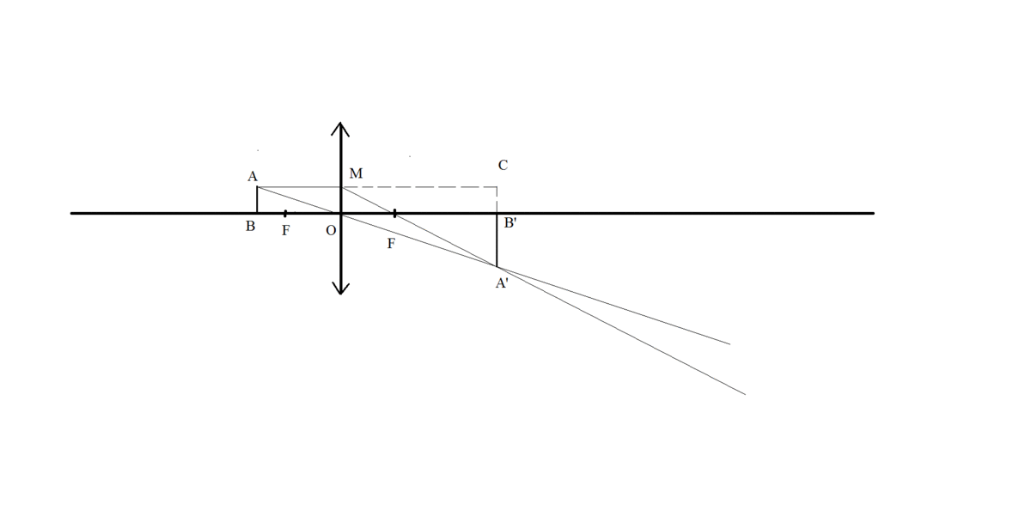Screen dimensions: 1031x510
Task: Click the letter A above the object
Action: coord(253,177)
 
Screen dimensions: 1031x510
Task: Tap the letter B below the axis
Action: coord(250,227)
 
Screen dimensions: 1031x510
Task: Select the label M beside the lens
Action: coord(356,173)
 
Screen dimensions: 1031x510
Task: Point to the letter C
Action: coord(503,165)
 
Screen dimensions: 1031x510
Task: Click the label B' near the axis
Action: coord(510,223)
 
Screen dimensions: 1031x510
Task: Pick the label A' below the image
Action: coord(502,283)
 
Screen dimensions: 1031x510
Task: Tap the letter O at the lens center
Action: coord(331,230)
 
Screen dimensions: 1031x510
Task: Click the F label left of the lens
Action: coord(286,230)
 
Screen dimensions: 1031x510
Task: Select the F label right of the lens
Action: coord(391,244)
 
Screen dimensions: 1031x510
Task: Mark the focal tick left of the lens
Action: coord(285,214)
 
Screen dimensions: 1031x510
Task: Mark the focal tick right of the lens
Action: coord(395,214)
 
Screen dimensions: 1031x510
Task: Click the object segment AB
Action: coord(257,200)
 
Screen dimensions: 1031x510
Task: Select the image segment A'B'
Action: coord(497,240)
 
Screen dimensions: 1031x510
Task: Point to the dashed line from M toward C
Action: coord(419,187)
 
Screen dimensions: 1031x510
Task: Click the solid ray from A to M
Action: coord(299,187)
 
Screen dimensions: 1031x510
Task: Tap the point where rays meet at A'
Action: coord(497,266)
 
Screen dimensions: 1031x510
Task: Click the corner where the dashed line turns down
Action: coord(497,187)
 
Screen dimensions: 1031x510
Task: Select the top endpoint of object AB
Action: coord(257,186)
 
